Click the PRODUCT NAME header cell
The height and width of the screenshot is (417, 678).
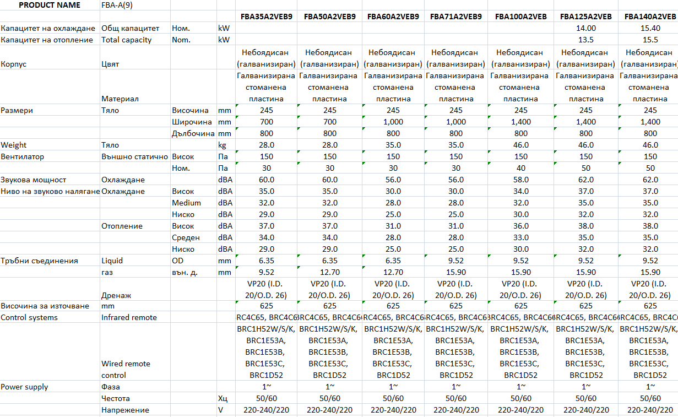tap(50, 5)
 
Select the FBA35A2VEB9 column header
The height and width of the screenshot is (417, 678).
tap(266, 17)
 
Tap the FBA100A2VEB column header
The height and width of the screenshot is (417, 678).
tap(520, 17)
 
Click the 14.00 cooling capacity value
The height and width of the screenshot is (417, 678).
tap(586, 28)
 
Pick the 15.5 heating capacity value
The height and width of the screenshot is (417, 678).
tap(650, 40)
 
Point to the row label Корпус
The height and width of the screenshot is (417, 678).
tap(14, 64)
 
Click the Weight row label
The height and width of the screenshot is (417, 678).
tap(14, 145)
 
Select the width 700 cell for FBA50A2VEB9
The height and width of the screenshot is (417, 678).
tap(330, 122)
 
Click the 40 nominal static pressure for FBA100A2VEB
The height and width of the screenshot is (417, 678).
tap(520, 168)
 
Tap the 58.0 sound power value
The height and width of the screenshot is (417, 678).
tap(520, 180)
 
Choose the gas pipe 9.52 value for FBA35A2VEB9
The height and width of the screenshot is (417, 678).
tap(266, 272)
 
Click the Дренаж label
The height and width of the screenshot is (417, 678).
tap(116, 295)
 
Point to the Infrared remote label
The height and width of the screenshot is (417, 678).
tap(129, 317)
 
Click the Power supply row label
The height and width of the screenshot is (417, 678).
tap(25, 387)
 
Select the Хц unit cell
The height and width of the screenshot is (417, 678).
tap(223, 398)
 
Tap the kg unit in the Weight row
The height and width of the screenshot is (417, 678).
tap(223, 145)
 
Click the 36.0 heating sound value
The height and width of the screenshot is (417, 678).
tap(520, 226)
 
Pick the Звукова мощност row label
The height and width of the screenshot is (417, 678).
tap(34, 180)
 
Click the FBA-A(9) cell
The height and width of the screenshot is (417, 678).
tap(116, 5)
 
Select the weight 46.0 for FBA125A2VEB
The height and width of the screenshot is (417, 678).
tap(586, 145)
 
